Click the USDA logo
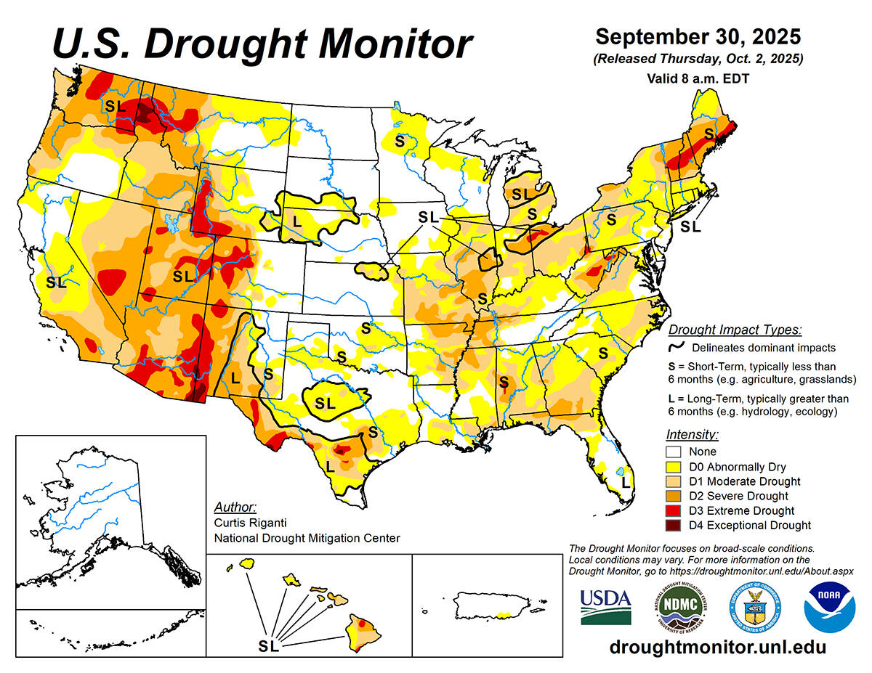pyautogui.click(x=605, y=607)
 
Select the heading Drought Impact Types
pyautogui.click(x=735, y=330)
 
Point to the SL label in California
pyautogui.click(x=56, y=282)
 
